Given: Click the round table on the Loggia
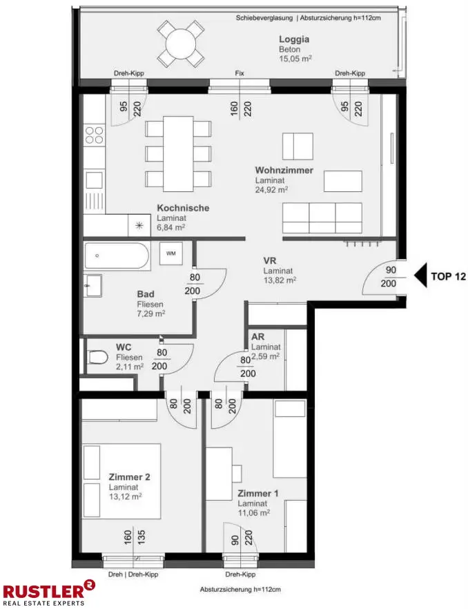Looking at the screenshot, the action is pyautogui.click(x=181, y=44).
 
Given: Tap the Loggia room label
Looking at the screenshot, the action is pyautogui.click(x=294, y=39).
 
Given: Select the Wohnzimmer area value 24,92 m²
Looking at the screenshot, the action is pyautogui.click(x=271, y=189).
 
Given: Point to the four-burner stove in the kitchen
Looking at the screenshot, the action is pyautogui.click(x=95, y=135).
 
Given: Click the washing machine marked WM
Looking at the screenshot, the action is pyautogui.click(x=171, y=253).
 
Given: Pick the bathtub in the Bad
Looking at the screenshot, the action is pyautogui.click(x=117, y=256).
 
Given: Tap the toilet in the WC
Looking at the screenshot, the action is pyautogui.click(x=97, y=358).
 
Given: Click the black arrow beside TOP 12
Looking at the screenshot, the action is pyautogui.click(x=420, y=275).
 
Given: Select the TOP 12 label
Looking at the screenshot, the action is pyautogui.click(x=448, y=276).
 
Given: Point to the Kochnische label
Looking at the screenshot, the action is pyautogui.click(x=183, y=208).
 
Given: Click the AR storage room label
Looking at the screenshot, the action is pyautogui.click(x=258, y=337).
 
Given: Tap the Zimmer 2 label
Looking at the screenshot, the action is pyautogui.click(x=129, y=477).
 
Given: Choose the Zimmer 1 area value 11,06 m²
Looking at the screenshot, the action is pyautogui.click(x=254, y=512).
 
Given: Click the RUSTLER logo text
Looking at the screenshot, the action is pyautogui.click(x=44, y=591).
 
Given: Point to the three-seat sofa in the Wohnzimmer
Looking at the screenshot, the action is pyautogui.click(x=322, y=217).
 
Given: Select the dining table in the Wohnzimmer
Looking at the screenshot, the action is pyautogui.click(x=178, y=154).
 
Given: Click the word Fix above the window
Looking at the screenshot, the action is pyautogui.click(x=240, y=73).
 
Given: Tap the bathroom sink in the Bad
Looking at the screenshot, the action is pyautogui.click(x=93, y=285).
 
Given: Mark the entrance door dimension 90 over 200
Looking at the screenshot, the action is pyautogui.click(x=389, y=276).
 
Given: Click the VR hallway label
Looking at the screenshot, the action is pyautogui.click(x=269, y=260).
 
